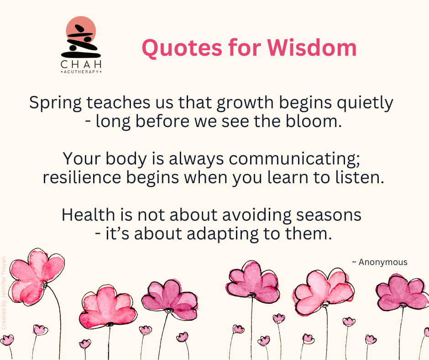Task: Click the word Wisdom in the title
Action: tap(312, 48)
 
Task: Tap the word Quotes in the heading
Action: tap(182, 48)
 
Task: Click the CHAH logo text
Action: tap(81, 65)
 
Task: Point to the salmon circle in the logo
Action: tap(81, 30)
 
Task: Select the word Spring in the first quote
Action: tap(55, 103)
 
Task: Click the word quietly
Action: tap(365, 103)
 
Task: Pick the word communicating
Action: tap(294, 159)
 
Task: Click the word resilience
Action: tap(82, 178)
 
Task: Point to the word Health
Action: tap(88, 215)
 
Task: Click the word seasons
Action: tap(329, 215)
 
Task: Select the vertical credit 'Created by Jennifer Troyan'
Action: tap(4, 293)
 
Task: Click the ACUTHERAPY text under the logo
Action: tap(81, 72)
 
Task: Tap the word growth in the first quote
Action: tap(245, 103)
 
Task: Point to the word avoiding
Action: tap(256, 215)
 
